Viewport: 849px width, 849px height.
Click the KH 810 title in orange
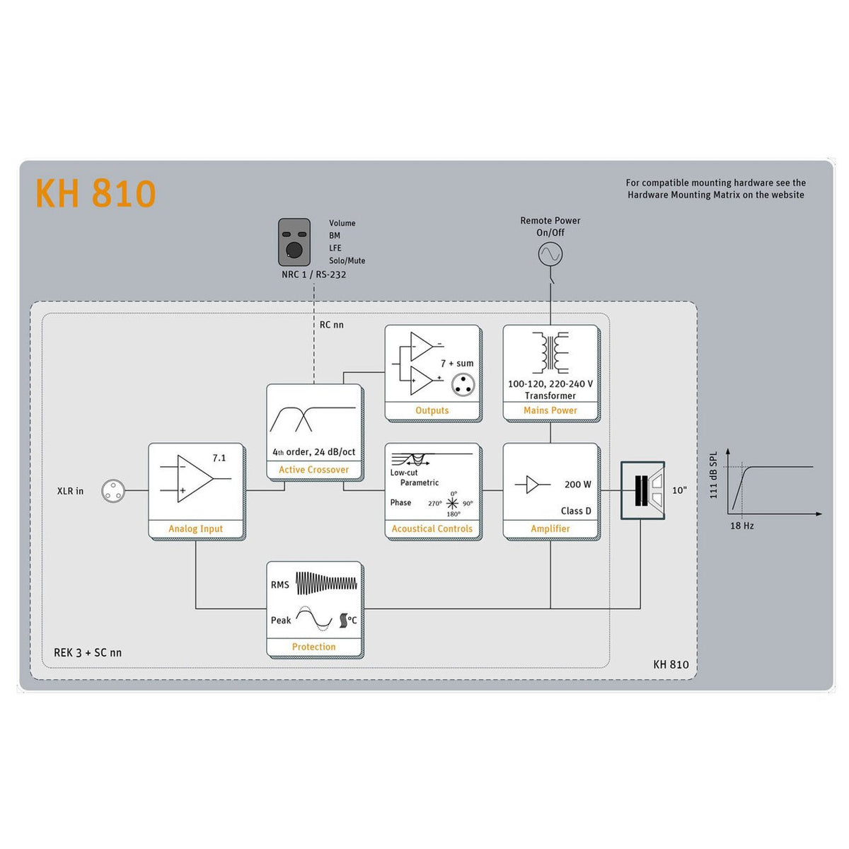coord(96,193)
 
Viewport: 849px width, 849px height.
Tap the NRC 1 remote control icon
coord(294,242)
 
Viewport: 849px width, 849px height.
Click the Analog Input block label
coord(196,529)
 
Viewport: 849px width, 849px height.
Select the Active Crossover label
coord(313,470)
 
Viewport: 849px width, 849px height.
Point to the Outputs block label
coord(432,410)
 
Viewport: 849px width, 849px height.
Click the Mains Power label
coord(550,410)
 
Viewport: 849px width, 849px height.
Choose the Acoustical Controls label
coord(432,529)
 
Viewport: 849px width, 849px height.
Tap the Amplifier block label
coord(550,529)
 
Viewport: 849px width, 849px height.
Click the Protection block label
coord(313,647)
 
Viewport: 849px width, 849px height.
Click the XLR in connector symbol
coord(113,490)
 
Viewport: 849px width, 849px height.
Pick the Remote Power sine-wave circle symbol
coord(550,253)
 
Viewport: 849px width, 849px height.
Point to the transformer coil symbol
coord(550,352)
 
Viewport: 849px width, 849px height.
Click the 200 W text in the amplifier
coord(577,485)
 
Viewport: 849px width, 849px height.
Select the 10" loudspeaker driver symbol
coord(643,490)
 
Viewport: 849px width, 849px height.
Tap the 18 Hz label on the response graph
coord(741,526)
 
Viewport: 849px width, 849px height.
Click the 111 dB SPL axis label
coord(713,475)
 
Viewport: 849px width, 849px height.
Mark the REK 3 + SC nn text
coord(88,652)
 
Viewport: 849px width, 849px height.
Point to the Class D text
coord(576,511)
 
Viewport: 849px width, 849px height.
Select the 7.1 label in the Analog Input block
coord(219,458)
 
